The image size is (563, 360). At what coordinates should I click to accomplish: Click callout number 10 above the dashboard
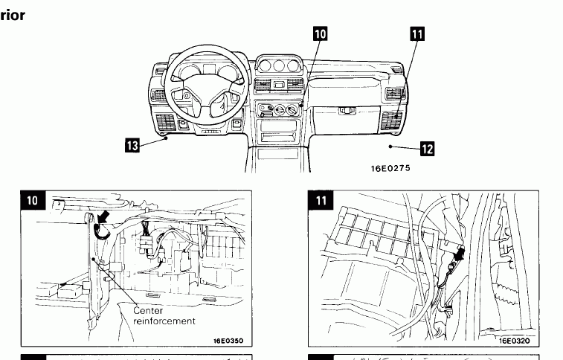coord(320,34)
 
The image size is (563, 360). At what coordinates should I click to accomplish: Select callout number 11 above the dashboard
coord(416,34)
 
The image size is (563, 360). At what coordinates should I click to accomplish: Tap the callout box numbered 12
coord(427,149)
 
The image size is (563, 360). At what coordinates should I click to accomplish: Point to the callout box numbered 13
coord(132,144)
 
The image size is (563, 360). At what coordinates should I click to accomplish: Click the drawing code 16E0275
coord(390,168)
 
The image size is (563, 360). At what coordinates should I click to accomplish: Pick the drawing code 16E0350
coord(228,341)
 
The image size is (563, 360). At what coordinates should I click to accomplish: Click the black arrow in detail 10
coord(107,217)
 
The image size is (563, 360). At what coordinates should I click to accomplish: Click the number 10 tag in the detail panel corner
coord(33,200)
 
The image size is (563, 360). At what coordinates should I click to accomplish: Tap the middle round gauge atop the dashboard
coord(279,66)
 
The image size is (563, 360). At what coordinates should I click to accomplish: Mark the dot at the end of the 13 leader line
coord(169,137)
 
